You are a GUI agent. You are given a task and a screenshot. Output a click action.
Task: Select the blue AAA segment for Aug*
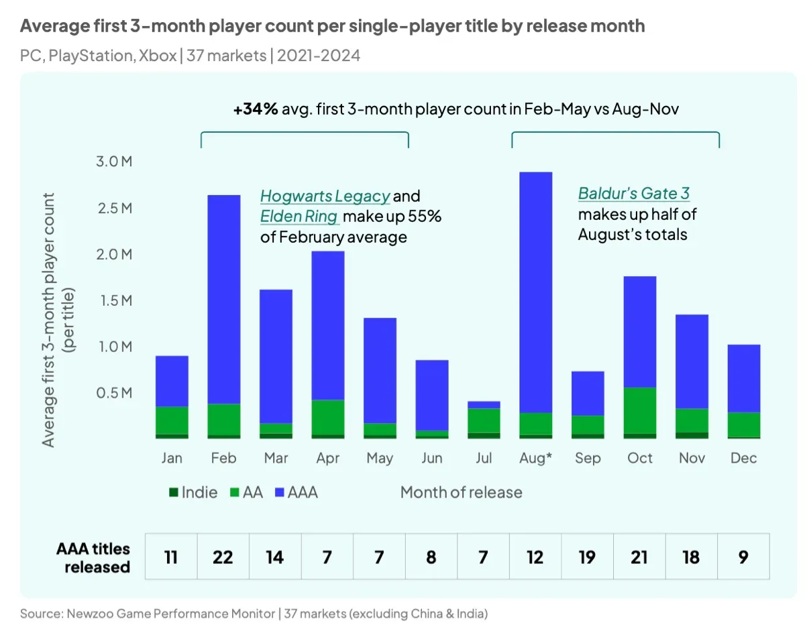[x=535, y=292]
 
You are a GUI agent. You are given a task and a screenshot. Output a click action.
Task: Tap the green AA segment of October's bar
[x=639, y=410]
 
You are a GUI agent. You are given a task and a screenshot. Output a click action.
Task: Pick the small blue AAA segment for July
[x=483, y=404]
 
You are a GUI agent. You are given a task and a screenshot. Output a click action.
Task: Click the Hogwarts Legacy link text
[x=325, y=196]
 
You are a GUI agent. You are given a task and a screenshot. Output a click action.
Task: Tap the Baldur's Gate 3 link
[x=633, y=194]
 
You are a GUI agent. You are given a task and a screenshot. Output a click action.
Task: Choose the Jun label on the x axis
[x=432, y=458]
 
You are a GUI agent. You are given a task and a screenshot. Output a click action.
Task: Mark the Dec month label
[x=743, y=458]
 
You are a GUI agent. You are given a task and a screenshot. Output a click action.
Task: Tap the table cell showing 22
[x=223, y=557]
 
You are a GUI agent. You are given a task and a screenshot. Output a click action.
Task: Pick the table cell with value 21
[x=639, y=557]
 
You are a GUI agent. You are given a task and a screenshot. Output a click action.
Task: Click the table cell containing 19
[x=587, y=557]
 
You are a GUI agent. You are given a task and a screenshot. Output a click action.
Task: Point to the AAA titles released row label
[x=93, y=557]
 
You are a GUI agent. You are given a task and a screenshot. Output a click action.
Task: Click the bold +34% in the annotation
[x=256, y=109]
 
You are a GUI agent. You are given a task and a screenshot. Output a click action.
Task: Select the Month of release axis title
[x=461, y=492]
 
